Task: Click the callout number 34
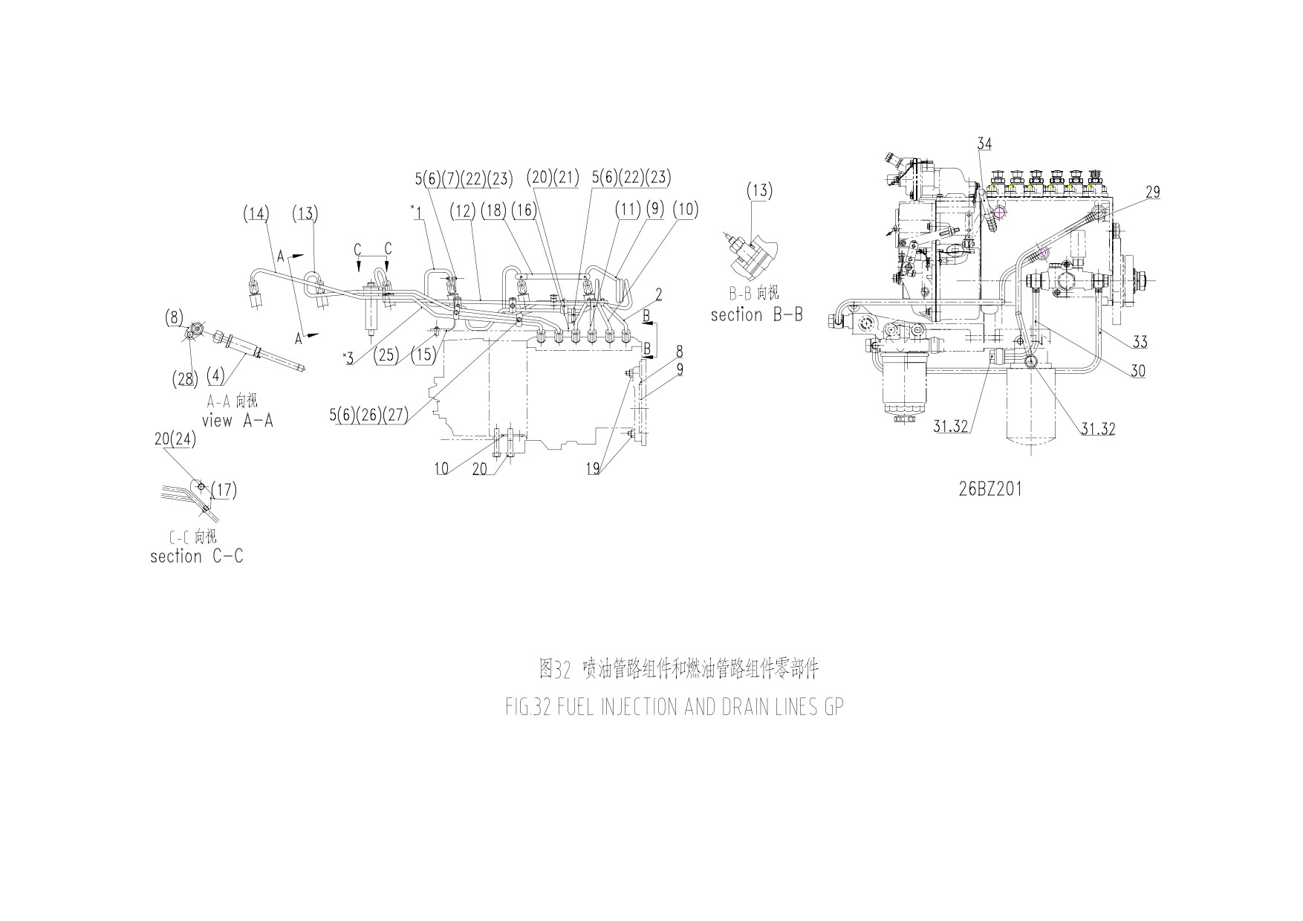pos(984,143)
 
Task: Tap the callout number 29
pos(1152,192)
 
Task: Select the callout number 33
pos(1140,342)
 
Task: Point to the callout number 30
pos(1138,371)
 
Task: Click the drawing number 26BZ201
pos(990,489)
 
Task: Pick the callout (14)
pos(256,214)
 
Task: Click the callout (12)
pos(462,210)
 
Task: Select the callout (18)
pos(493,210)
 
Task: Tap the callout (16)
pos(524,210)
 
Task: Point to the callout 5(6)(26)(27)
pos(369,415)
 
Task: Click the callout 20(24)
pos(175,439)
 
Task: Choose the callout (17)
pos(224,490)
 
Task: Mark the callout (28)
pos(185,379)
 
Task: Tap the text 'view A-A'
pos(237,420)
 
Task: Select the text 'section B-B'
pos(756,314)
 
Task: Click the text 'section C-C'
pos(196,556)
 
